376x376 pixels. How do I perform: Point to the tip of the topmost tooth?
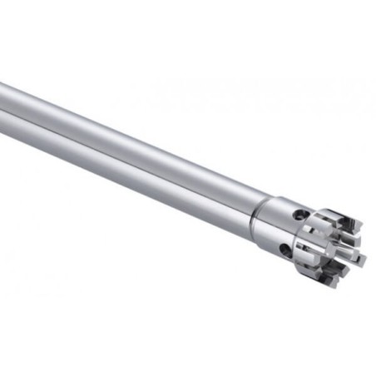360,223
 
